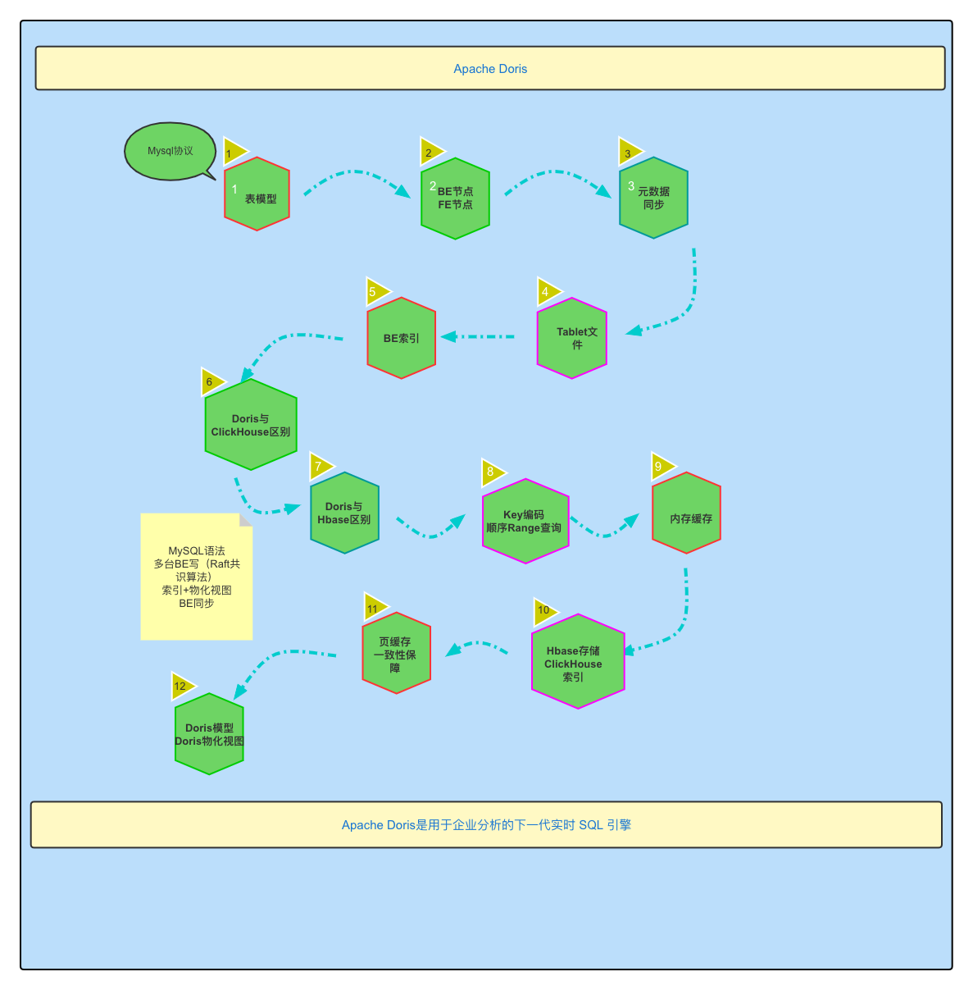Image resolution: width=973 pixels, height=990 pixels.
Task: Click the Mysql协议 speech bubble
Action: [x=170, y=152]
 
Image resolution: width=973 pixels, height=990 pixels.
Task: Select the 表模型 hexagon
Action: [x=257, y=194]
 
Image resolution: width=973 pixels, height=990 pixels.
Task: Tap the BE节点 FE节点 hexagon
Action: [x=455, y=198]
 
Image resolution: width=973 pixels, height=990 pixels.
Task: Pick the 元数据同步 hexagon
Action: [x=653, y=198]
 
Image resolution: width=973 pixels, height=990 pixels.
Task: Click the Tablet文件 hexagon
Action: [x=572, y=338]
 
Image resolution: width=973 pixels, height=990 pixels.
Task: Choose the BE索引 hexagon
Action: [x=401, y=338]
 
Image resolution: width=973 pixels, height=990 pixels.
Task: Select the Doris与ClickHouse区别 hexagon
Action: [x=251, y=424]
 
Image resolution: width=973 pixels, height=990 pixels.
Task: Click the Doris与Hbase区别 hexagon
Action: [x=344, y=513]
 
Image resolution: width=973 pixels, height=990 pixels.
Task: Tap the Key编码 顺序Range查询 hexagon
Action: [x=525, y=521]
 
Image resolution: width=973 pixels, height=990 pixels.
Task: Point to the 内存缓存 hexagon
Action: [x=686, y=513]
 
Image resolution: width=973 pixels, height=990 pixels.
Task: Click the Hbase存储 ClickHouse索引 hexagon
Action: [x=578, y=661]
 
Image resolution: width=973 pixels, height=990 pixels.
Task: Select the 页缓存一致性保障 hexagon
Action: [x=396, y=654]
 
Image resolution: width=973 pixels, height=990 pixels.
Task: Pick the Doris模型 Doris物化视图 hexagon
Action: [x=209, y=734]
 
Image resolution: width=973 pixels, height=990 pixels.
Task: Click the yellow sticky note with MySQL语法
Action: [x=197, y=577]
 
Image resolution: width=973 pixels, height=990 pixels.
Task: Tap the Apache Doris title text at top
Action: [x=490, y=69]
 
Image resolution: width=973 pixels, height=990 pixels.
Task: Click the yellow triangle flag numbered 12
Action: [x=182, y=686]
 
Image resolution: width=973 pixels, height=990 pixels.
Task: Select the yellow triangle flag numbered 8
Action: [x=492, y=472]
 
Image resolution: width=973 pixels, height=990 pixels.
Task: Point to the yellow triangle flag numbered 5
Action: [x=375, y=291]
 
